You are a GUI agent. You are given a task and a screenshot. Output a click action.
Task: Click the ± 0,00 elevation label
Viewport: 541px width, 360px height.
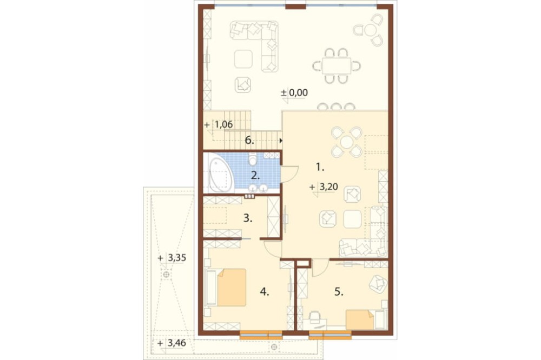point(294,93)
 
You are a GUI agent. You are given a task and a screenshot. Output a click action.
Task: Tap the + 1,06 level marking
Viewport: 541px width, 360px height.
point(219,124)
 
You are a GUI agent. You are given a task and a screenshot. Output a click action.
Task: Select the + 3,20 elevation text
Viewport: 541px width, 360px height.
point(324,187)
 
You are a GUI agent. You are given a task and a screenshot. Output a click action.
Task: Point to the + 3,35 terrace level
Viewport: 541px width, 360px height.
point(172,258)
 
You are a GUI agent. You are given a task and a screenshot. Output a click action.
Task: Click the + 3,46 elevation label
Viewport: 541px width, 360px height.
point(171,343)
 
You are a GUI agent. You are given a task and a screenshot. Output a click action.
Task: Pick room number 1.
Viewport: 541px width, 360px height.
point(320,168)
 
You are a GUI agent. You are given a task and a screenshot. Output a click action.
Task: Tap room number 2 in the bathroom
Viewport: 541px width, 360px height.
point(255,176)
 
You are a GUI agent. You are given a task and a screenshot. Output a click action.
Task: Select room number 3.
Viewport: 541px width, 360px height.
point(248,218)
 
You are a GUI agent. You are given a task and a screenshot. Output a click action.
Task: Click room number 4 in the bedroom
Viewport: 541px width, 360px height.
point(265,292)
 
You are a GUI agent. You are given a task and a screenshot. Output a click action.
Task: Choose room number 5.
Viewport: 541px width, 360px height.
point(339,292)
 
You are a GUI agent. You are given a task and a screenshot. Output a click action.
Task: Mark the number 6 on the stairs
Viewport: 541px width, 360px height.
point(249,140)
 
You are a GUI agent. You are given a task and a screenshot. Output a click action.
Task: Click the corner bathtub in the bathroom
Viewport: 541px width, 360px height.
point(219,173)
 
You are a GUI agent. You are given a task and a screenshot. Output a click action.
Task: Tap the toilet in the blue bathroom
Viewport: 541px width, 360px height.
point(253,159)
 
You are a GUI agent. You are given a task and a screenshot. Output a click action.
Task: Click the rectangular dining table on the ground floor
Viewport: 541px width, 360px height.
point(337,65)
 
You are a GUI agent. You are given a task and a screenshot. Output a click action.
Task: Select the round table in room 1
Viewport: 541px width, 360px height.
point(346,142)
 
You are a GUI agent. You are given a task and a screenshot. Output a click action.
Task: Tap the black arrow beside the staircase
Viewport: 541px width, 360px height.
point(281,141)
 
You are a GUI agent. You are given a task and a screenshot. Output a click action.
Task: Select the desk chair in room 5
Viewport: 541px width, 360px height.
point(314,317)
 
